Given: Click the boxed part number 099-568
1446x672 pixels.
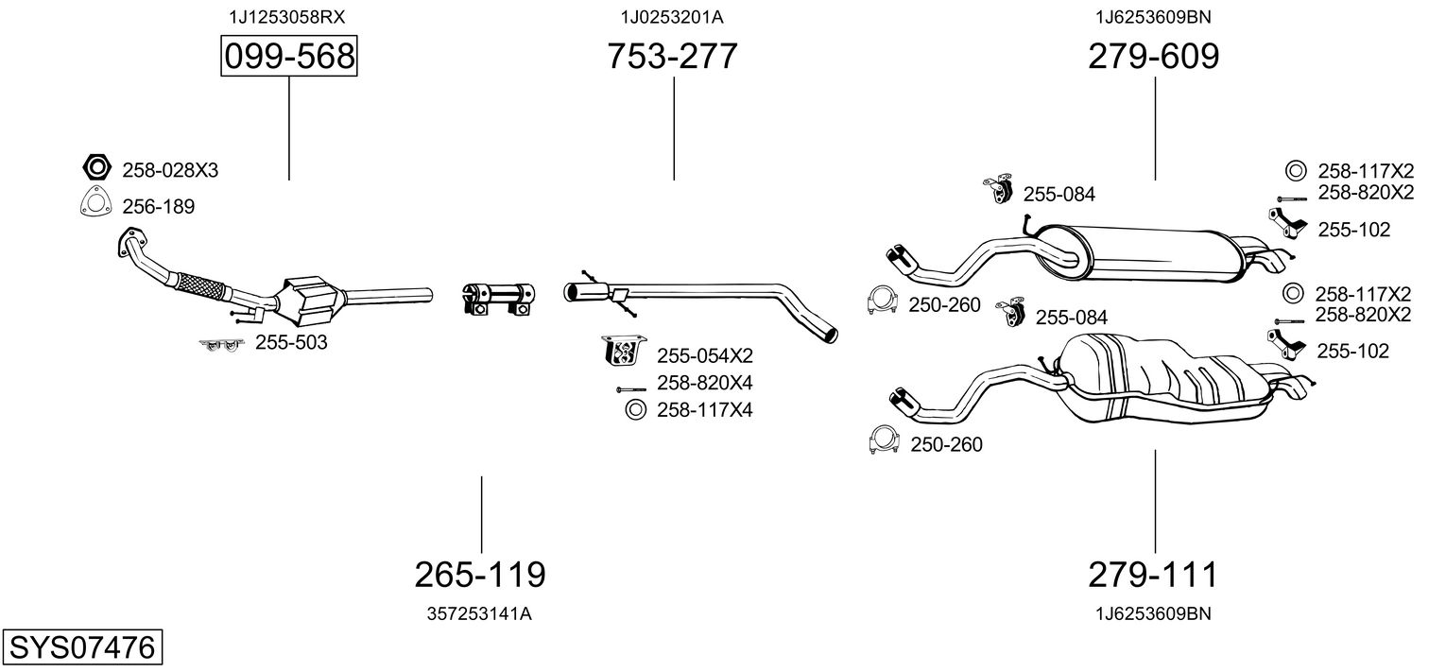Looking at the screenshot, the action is pos(289,56).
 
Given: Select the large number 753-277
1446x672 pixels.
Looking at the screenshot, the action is pos(672,56).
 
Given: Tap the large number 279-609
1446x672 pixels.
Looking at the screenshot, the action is pos(1154,56).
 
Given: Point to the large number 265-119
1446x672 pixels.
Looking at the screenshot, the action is pos(480,574).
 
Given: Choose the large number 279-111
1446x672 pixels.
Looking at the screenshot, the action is pos(1153,574).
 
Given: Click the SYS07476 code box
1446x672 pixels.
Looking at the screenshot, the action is pos(82,646).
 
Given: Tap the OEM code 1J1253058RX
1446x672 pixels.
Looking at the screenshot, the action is pos(287,17).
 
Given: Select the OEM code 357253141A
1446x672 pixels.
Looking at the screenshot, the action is pos(479,613).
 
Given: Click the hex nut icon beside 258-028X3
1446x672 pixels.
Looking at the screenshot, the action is pos(96,168).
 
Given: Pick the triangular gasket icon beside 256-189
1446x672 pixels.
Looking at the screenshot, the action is pos(95,201).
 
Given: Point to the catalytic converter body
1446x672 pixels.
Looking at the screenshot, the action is pos(311,302).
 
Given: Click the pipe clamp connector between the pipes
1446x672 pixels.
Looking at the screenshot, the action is pos(498,299).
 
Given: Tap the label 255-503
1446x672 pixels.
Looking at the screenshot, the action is pos(291,342).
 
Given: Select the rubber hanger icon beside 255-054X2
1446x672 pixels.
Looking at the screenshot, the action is pos(624,351).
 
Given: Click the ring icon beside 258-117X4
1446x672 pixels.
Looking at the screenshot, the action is pos(636,409).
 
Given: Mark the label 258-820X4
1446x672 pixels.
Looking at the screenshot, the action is pos(705,383).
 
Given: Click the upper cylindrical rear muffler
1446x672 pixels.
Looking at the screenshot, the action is pos(1136,253).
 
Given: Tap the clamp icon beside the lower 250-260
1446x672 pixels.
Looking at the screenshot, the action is pos(884,440).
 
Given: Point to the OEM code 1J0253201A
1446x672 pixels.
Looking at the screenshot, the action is pos(672,17).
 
